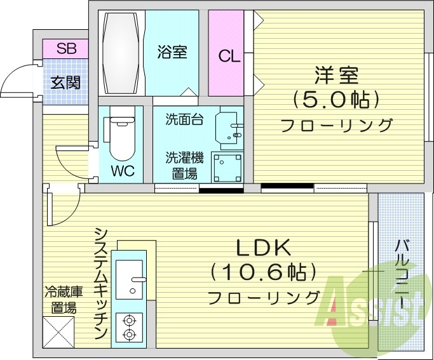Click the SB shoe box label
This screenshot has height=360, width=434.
(65, 48)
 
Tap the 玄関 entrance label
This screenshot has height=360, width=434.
(65, 82)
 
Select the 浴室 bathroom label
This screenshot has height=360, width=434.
(172, 51)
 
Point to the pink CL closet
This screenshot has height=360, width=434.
(230, 55)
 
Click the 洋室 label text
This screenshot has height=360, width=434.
(336, 76)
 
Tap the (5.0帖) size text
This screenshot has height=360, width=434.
(336, 99)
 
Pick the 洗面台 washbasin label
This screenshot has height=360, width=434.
(185, 119)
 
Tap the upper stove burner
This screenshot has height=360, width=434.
(130, 321)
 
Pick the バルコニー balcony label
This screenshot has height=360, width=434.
(401, 272)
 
